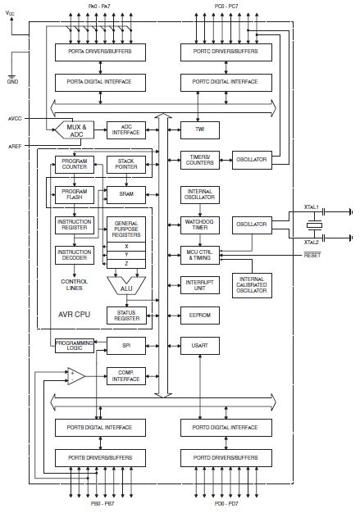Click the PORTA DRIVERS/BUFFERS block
(100, 52)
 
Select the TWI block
(199, 129)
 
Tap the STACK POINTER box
(126, 164)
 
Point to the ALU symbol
(126, 286)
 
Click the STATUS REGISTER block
(126, 316)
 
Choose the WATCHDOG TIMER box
(199, 225)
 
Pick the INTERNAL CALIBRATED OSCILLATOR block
(252, 285)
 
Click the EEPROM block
(199, 316)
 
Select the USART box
(199, 346)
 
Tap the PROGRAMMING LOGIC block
(75, 346)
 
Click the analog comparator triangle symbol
(76, 376)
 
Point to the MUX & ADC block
(75, 129)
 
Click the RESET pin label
(312, 255)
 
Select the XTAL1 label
(311, 207)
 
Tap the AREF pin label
(15, 146)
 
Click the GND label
(12, 81)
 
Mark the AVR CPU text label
(74, 315)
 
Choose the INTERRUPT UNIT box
(199, 285)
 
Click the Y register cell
(126, 255)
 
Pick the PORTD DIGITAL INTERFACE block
(226, 428)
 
